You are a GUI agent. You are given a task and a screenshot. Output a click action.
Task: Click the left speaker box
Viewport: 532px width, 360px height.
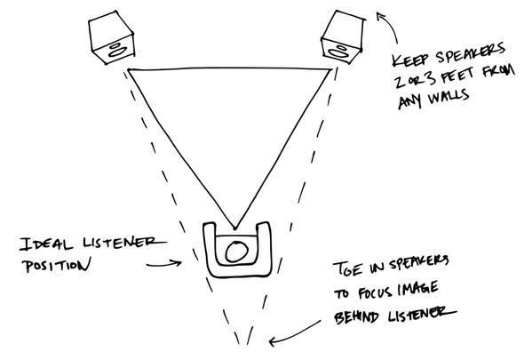tap(111, 36)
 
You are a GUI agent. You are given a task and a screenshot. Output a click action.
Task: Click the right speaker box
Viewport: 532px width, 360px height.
tap(344, 36)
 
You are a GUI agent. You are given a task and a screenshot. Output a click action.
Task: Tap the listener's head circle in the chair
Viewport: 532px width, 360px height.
tap(236, 252)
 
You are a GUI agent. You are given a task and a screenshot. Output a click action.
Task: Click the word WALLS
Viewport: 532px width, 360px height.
tap(449, 98)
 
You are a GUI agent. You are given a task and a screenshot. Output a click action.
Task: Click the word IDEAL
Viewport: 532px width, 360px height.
tap(46, 244)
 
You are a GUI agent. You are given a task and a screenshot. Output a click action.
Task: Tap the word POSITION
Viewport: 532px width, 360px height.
tap(57, 265)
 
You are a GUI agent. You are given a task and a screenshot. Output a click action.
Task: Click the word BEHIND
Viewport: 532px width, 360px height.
tap(356, 316)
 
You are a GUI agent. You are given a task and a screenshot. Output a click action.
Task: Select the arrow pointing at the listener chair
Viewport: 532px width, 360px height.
tap(164, 264)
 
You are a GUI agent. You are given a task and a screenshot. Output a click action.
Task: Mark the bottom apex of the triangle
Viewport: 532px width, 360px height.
tap(234, 228)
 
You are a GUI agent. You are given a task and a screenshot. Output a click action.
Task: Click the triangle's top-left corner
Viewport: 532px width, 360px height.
tap(129, 70)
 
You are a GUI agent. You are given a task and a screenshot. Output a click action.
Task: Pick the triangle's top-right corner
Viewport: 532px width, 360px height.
tap(330, 69)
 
